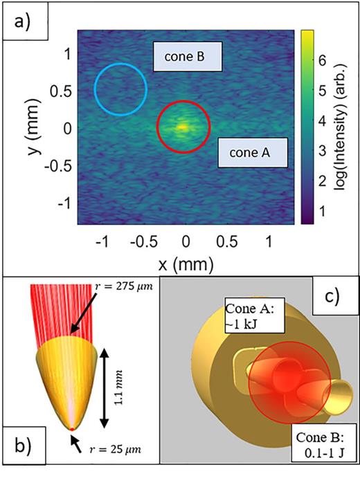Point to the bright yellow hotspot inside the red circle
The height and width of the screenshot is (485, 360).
tap(181, 127)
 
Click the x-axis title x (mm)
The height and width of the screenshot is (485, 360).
tap(186, 264)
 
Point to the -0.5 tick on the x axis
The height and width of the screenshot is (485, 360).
tap(143, 241)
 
